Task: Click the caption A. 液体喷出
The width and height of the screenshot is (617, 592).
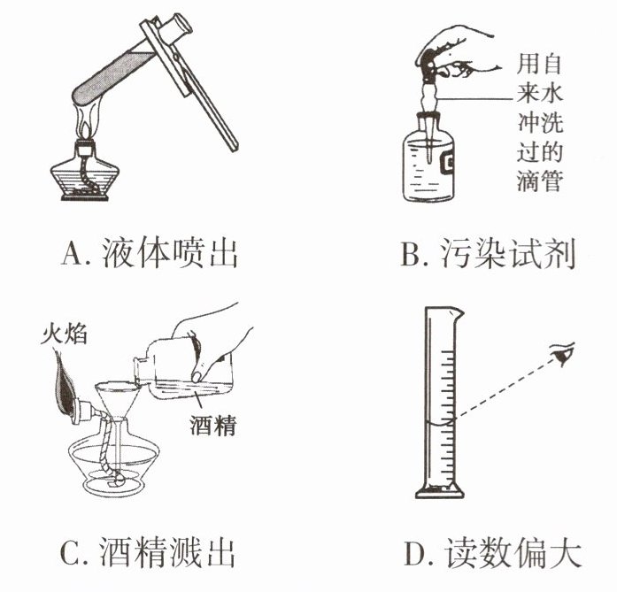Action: (x=150, y=253)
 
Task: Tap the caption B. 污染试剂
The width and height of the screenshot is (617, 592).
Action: (x=488, y=253)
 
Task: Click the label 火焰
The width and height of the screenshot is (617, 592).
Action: (x=64, y=334)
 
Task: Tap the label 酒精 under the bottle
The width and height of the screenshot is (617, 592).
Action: (x=212, y=425)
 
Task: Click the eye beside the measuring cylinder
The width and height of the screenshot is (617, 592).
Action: (x=563, y=354)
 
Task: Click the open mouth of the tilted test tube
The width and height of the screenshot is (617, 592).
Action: (x=177, y=27)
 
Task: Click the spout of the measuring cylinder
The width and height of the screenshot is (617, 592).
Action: (x=458, y=313)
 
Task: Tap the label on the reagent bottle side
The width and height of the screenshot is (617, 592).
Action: (x=448, y=163)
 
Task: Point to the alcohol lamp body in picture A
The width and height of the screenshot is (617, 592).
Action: (x=85, y=173)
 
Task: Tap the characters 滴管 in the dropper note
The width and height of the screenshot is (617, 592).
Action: (x=539, y=181)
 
